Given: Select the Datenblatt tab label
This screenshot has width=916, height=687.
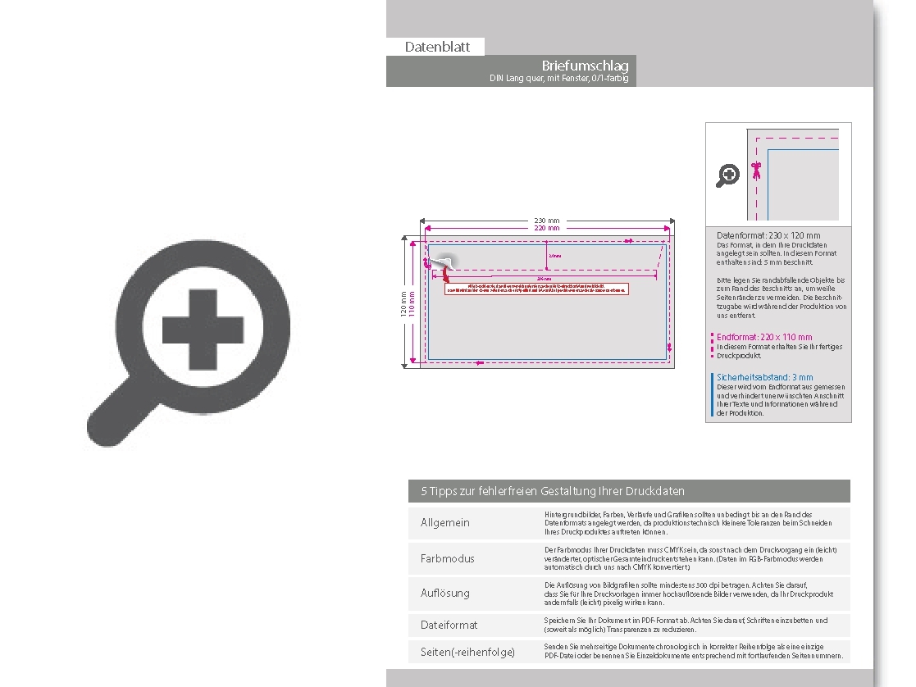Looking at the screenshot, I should pyautogui.click(x=437, y=48).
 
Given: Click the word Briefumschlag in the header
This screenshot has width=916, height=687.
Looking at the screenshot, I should pyautogui.click(x=585, y=66).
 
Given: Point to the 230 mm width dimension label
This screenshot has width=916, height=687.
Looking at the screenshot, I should pyautogui.click(x=547, y=221).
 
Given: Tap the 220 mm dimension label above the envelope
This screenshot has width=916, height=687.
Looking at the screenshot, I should pyautogui.click(x=547, y=229).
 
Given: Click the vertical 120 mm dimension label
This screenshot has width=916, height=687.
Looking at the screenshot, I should pyautogui.click(x=403, y=303).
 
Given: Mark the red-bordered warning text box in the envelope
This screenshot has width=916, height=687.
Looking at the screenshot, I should pyautogui.click(x=536, y=288).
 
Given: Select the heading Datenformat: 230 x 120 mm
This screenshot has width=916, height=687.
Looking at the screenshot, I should pyautogui.click(x=768, y=236).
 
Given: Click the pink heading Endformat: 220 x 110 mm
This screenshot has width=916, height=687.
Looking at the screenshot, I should pyautogui.click(x=764, y=337).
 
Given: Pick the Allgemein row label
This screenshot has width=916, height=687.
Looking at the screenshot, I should pyautogui.click(x=445, y=523).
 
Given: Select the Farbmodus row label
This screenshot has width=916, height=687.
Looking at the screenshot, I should pyautogui.click(x=447, y=558).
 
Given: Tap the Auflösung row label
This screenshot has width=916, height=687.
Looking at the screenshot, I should pyautogui.click(x=445, y=593).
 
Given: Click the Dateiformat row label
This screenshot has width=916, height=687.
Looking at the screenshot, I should pyautogui.click(x=449, y=625).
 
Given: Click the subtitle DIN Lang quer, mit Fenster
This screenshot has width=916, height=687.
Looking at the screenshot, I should pyautogui.click(x=558, y=79).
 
